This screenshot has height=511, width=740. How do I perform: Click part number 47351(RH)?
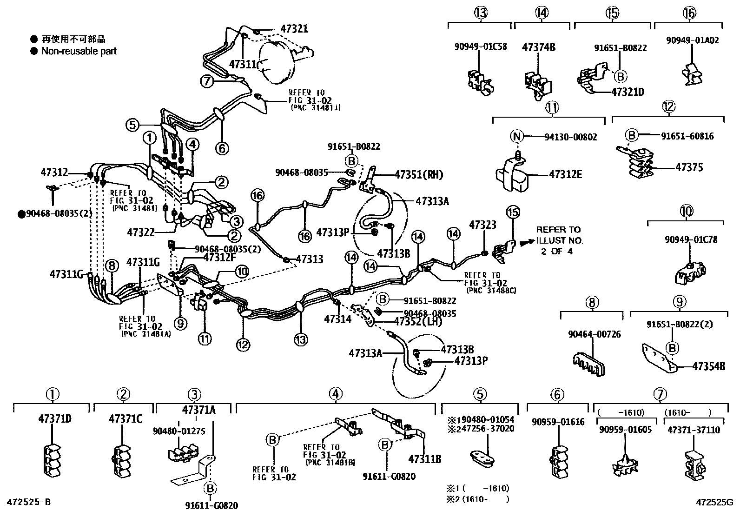[x=419, y=175]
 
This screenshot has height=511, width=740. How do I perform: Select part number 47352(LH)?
[x=418, y=321]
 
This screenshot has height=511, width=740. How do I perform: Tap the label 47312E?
[x=565, y=175]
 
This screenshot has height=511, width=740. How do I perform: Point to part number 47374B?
[x=539, y=47]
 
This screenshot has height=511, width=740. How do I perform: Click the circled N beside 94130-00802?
[x=517, y=136]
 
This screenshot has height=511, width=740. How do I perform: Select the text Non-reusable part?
[x=79, y=51]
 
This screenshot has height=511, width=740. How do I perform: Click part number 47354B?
[x=708, y=366]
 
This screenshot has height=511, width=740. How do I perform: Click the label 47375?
[x=689, y=167]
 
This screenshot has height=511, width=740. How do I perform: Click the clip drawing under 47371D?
[x=52, y=460]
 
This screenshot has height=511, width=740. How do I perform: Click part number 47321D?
[x=628, y=92]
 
